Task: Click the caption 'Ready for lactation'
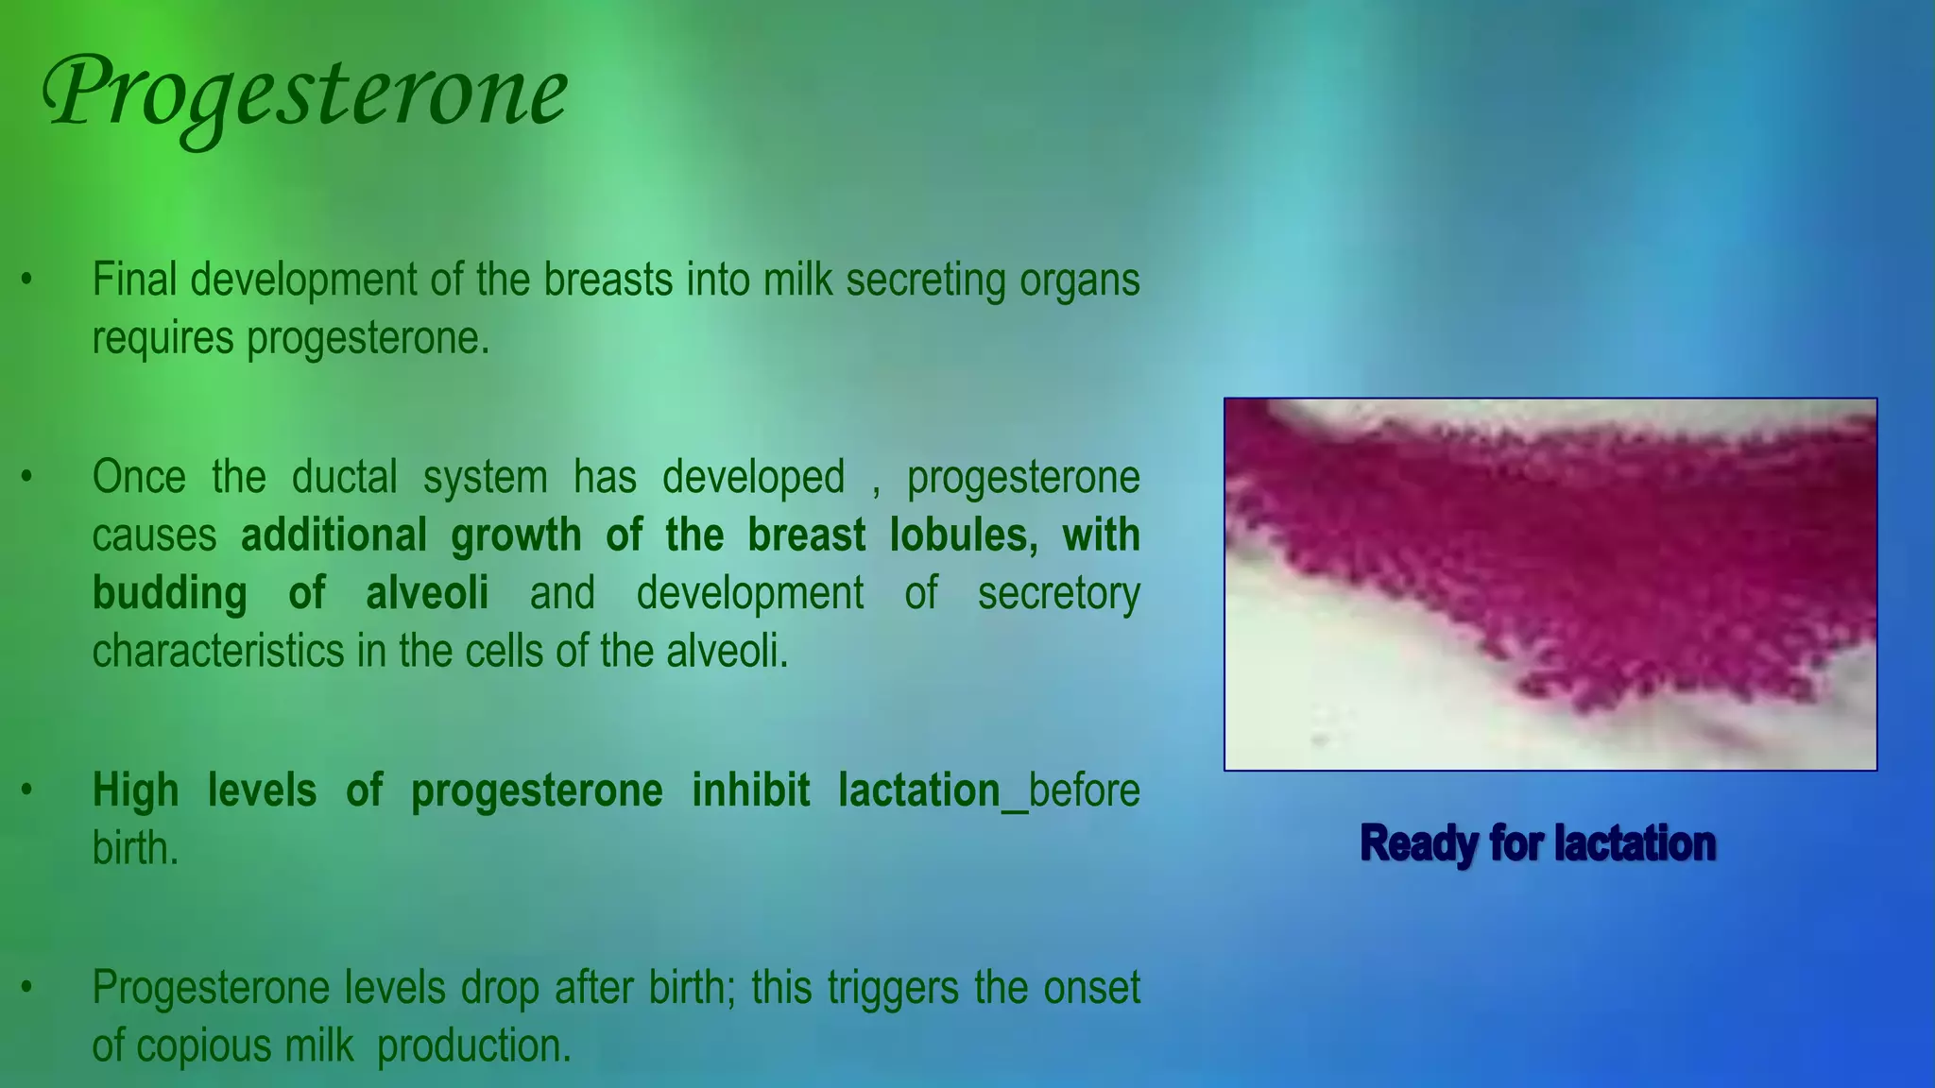tap(1537, 843)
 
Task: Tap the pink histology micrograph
tap(1550, 584)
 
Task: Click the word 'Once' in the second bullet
tap(139, 477)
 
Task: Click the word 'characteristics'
tap(218, 653)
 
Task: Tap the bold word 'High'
tap(136, 791)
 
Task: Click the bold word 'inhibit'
tap(751, 791)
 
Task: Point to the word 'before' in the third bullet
tap(1084, 791)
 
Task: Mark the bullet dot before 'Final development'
tap(27, 280)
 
